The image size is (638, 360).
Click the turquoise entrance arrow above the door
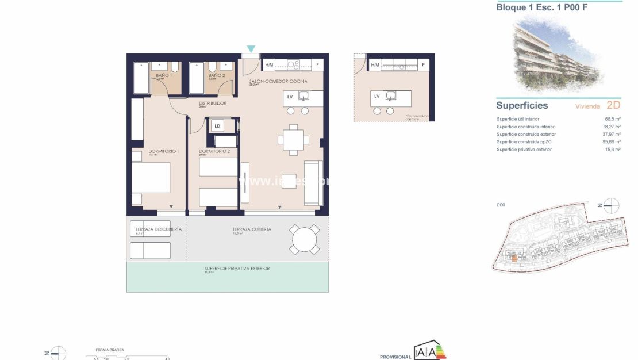click(x=251, y=49)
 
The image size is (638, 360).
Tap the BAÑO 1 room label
click(x=164, y=75)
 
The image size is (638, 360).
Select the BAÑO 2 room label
click(x=216, y=75)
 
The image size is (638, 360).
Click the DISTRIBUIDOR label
click(x=213, y=104)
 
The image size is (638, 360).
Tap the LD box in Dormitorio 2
click(x=217, y=125)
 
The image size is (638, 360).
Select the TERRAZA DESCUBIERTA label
click(x=155, y=229)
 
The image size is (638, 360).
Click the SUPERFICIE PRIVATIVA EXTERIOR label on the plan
click(x=237, y=269)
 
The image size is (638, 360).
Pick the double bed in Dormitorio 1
click(x=151, y=178)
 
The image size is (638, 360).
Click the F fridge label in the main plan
click(x=317, y=64)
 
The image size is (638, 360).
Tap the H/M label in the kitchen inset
click(x=375, y=64)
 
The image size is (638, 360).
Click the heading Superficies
click(x=522, y=105)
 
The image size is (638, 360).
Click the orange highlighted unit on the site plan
click(x=515, y=259)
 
